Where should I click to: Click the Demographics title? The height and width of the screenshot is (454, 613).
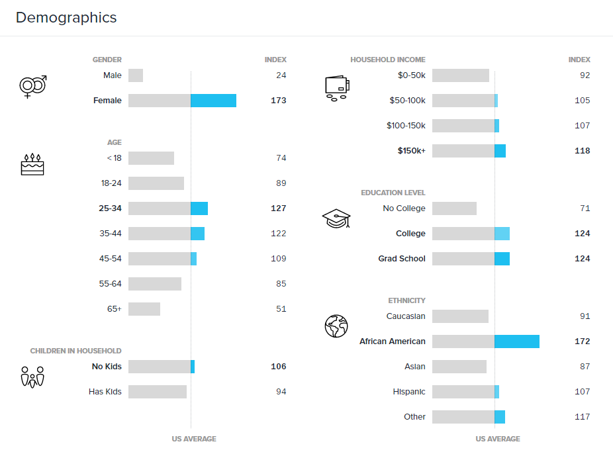pos(66,18)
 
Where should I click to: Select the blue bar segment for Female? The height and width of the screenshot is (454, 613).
pos(213,101)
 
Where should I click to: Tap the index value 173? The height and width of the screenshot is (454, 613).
pos(278,101)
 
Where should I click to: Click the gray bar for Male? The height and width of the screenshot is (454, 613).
pos(136,75)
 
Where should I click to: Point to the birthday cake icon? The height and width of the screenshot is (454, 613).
pos(32,164)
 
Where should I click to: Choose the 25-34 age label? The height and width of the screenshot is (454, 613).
pos(110,208)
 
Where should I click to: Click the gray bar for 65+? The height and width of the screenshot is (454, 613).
pos(144,309)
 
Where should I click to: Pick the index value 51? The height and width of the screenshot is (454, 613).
pos(281,309)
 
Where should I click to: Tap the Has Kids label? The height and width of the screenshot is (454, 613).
pos(105,392)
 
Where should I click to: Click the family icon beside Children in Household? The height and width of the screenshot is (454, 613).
pos(32,377)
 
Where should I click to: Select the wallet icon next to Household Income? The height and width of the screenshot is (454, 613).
pos(337,88)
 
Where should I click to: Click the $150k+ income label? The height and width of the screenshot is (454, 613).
pos(411,151)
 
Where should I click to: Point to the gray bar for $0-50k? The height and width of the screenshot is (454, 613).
pos(461,75)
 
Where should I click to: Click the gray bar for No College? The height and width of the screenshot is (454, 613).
pos(454,208)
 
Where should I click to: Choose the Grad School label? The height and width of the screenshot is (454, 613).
pos(402,259)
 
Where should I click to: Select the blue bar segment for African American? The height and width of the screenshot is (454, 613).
pos(517,341)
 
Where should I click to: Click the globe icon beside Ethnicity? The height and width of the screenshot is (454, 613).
pos(336,326)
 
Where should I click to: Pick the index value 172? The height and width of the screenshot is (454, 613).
pos(582,341)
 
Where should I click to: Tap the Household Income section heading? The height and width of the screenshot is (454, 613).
pos(388,60)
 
